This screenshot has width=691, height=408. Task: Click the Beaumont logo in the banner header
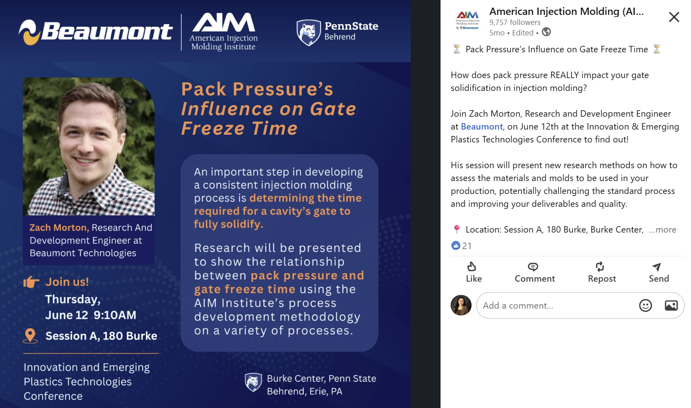[x=96, y=32]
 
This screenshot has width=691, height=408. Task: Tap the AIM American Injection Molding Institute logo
[x=224, y=32]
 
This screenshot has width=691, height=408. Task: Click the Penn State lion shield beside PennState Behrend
[x=308, y=32]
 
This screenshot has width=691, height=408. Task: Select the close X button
[x=674, y=17]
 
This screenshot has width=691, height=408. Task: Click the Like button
[x=474, y=272]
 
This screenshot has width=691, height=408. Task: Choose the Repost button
[x=602, y=272]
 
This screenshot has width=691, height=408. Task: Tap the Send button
[x=658, y=272]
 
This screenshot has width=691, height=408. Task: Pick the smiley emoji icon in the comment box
[x=645, y=305]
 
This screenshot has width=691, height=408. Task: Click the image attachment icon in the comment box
[x=671, y=305]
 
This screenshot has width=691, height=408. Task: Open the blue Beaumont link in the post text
[x=482, y=126]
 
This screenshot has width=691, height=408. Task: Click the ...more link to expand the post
[x=662, y=229]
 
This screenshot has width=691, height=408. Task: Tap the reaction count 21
[x=467, y=245]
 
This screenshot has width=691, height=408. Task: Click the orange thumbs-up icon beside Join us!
[x=31, y=282]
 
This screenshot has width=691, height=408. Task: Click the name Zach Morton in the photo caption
[x=58, y=227]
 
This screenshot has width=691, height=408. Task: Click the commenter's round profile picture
[x=461, y=305]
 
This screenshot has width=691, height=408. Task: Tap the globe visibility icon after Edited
[x=546, y=32]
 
